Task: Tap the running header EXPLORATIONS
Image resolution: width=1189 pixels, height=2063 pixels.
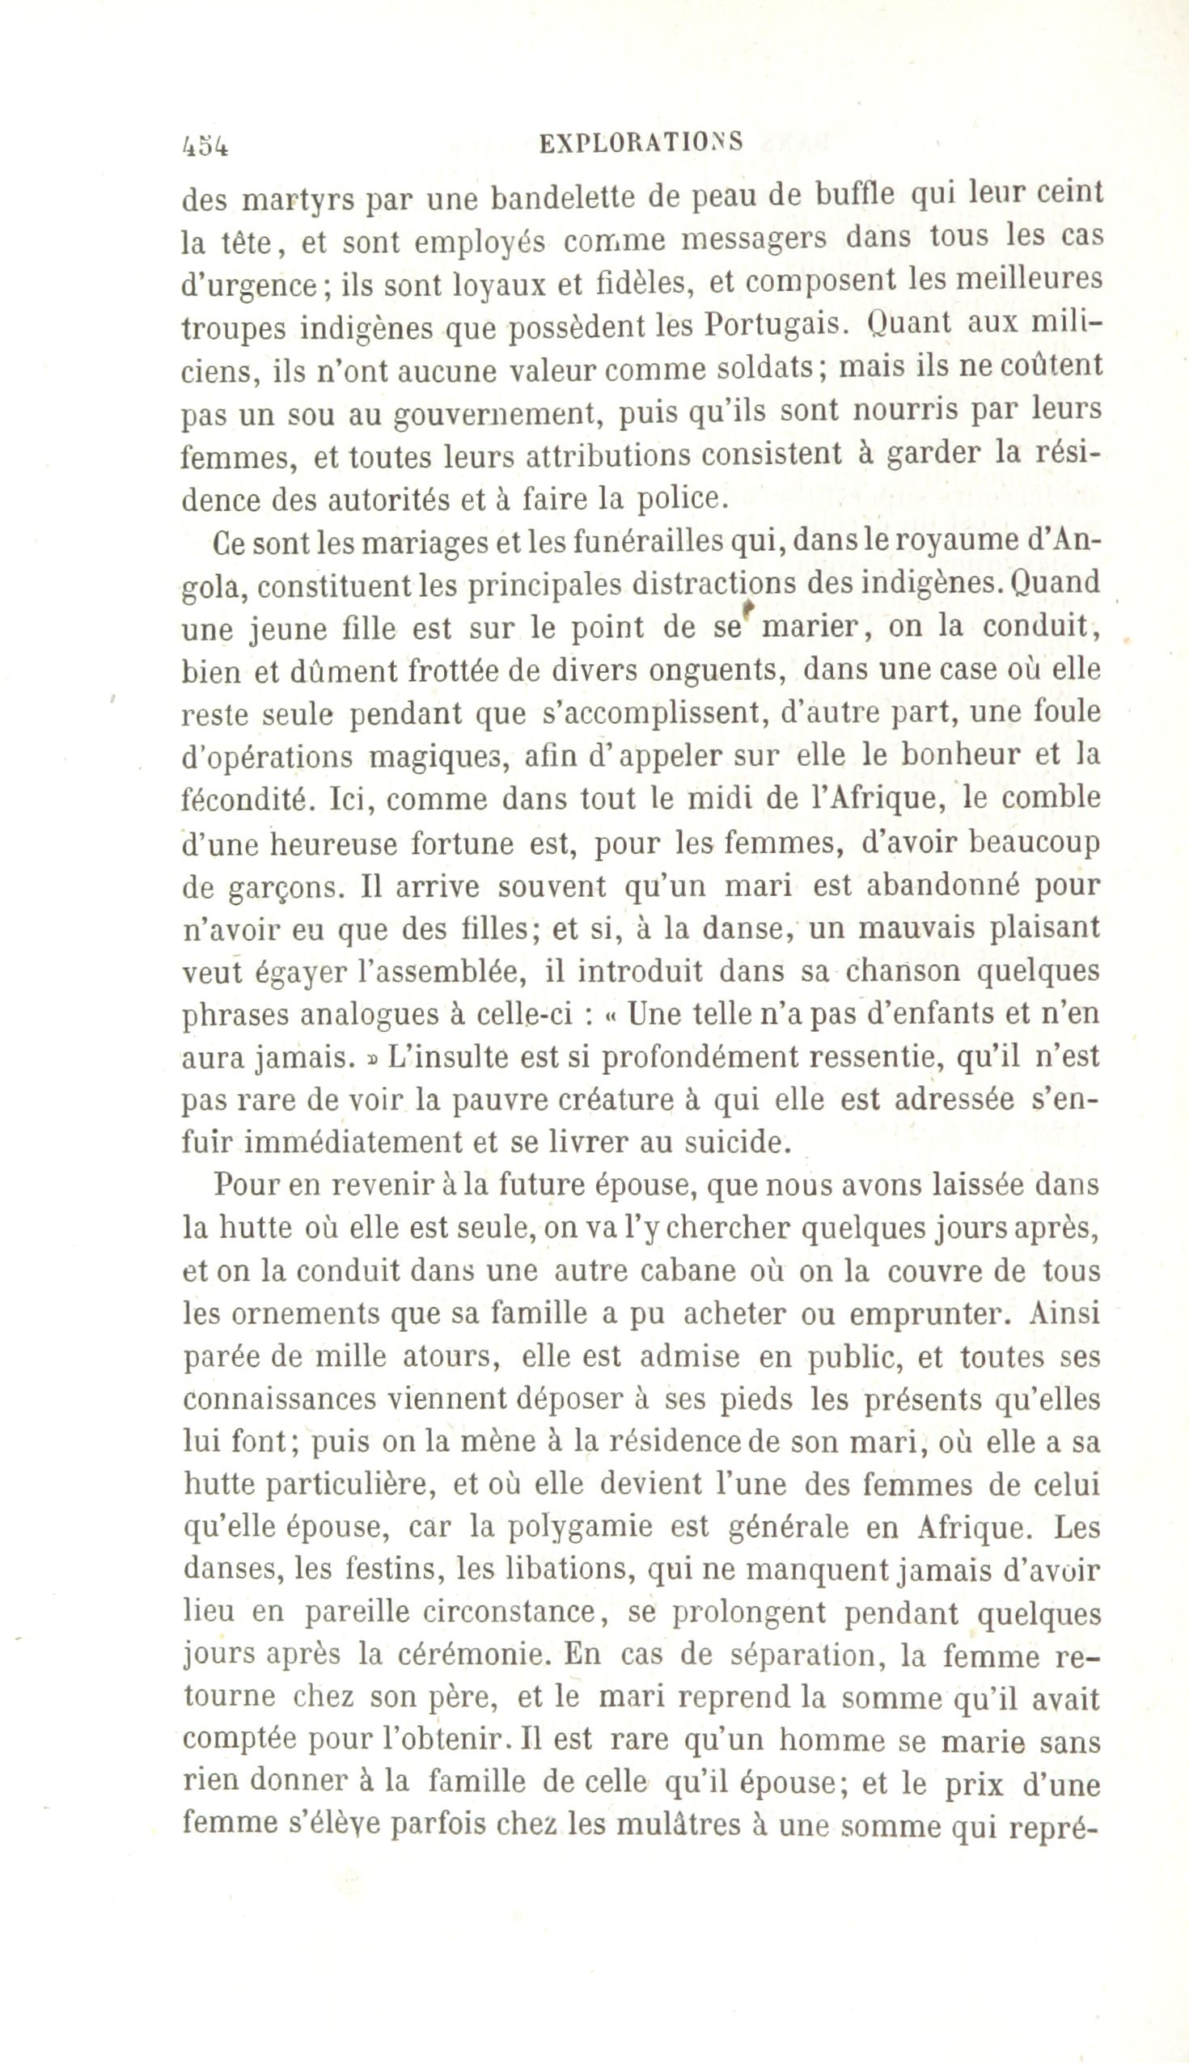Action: (x=642, y=142)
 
